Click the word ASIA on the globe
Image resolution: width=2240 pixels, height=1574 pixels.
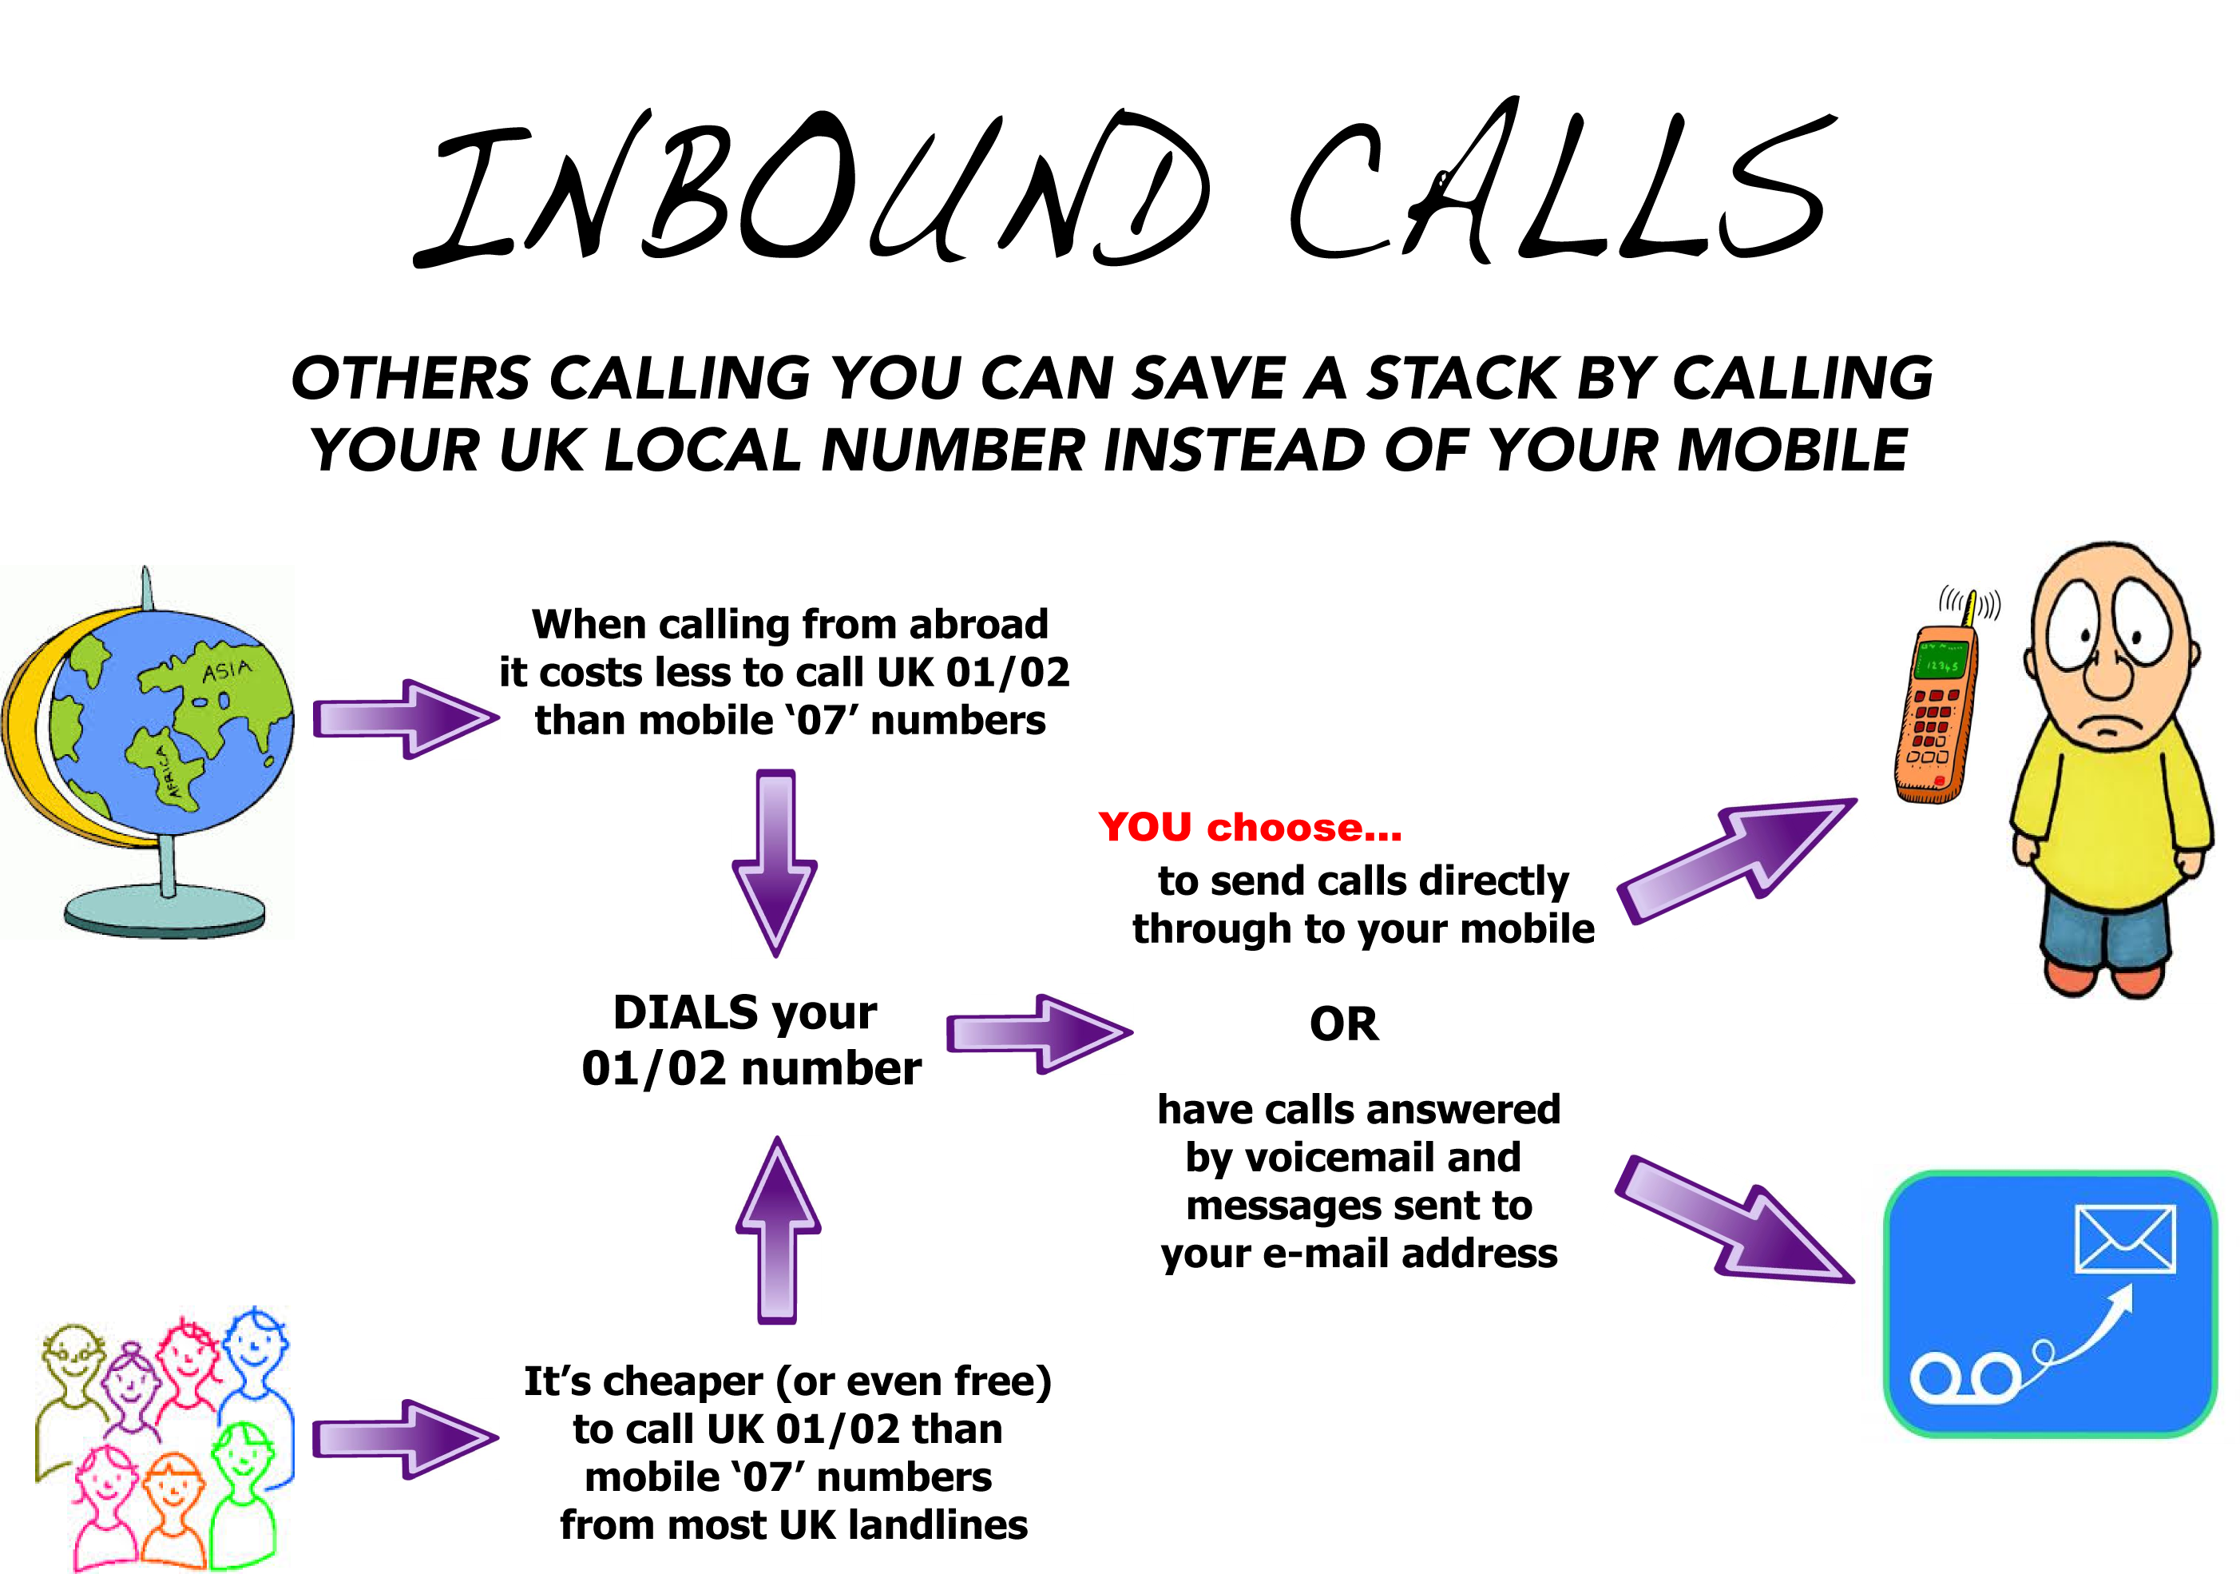[226, 670]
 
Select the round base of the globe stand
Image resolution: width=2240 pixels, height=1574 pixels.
[164, 909]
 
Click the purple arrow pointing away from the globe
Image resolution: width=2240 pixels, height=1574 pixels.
[406, 719]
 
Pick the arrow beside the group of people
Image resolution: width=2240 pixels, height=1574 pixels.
[406, 1438]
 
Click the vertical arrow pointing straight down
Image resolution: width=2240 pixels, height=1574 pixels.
[775, 864]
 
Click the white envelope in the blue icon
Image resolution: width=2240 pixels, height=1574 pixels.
[2125, 1239]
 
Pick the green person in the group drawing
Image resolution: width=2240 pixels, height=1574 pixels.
[244, 1493]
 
